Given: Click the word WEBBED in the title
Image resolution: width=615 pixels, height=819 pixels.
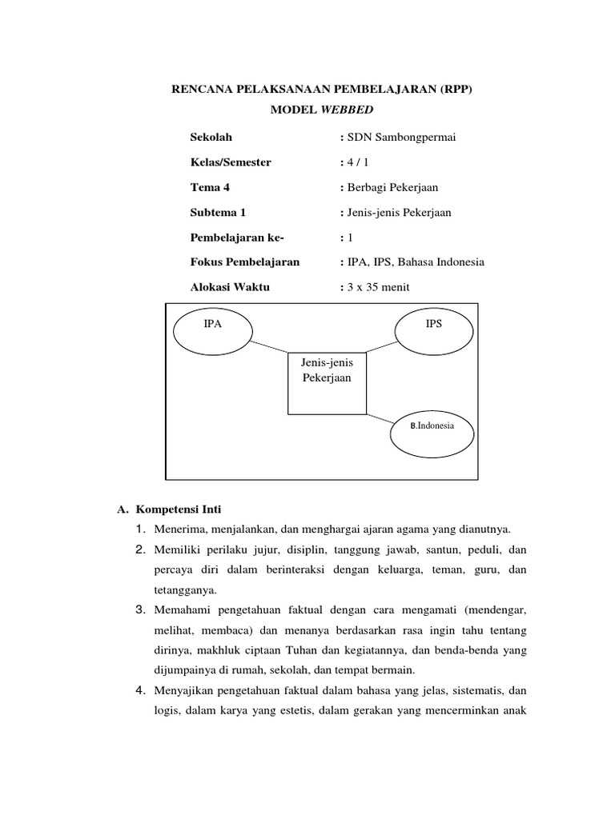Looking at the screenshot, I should (x=347, y=109).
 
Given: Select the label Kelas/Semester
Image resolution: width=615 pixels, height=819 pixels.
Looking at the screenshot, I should (x=231, y=162).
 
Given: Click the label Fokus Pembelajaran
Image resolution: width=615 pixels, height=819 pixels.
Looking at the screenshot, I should (x=244, y=262).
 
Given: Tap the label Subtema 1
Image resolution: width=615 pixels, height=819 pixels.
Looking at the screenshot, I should (x=218, y=212).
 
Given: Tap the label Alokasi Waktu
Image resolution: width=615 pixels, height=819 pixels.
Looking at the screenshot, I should (x=230, y=287).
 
